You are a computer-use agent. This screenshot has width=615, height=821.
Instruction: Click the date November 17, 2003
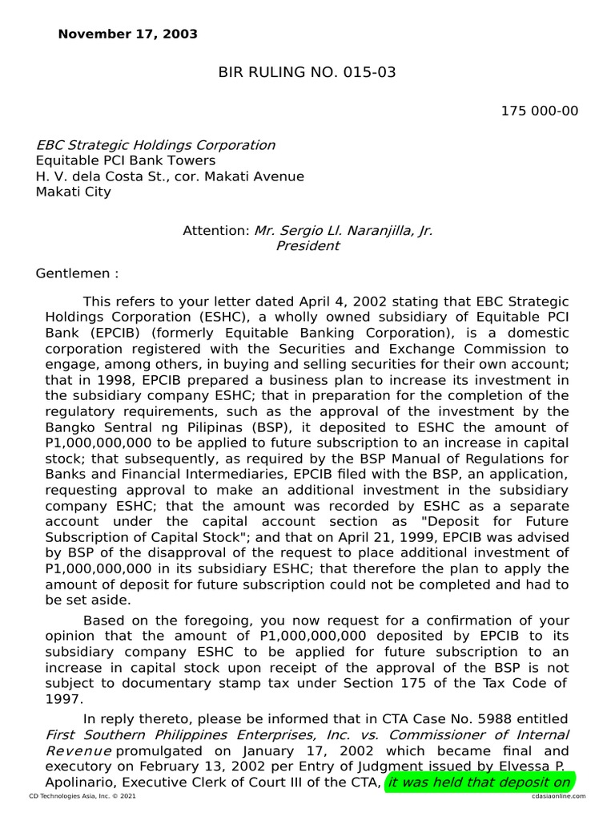point(127,34)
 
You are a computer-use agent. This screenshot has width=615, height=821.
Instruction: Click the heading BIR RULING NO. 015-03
point(307,73)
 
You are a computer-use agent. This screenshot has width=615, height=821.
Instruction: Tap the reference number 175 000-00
point(539,111)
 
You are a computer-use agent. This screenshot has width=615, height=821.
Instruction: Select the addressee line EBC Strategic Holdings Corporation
point(155,145)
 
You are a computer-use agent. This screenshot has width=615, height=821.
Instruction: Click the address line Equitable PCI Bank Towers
point(126,160)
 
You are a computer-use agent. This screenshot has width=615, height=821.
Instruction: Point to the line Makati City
point(74,192)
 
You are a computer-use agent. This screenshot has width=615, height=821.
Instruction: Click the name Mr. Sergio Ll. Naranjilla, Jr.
point(344,230)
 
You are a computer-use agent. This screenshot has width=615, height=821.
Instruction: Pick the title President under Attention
point(307,246)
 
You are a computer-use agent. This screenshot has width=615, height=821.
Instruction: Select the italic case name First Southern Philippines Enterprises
point(166,734)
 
